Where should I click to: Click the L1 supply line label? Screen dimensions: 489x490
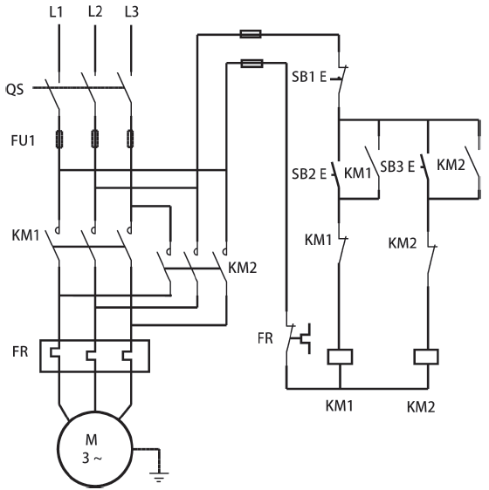pyautogui.click(x=57, y=12)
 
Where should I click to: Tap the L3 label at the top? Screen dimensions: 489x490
pyautogui.click(x=132, y=12)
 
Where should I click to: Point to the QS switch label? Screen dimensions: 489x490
pyautogui.click(x=15, y=90)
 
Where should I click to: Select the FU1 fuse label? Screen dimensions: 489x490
pyautogui.click(x=23, y=140)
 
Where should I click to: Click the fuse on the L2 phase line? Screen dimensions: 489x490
pyautogui.click(x=95, y=139)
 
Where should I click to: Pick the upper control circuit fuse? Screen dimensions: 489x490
pyautogui.click(x=251, y=34)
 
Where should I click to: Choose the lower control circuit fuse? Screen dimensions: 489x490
pyautogui.click(x=251, y=64)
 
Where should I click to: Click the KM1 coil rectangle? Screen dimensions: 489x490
pyautogui.click(x=340, y=357)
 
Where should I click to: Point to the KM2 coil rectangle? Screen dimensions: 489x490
pyautogui.click(x=426, y=357)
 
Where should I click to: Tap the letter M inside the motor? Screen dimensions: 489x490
pyautogui.click(x=92, y=440)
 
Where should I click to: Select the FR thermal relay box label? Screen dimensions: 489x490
pyautogui.click(x=20, y=352)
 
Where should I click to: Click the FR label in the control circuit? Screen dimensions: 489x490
pyautogui.click(x=265, y=338)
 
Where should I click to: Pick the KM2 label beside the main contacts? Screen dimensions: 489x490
pyautogui.click(x=242, y=269)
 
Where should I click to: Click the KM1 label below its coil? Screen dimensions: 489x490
pyautogui.click(x=340, y=406)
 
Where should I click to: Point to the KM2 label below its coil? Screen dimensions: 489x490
pyautogui.click(x=421, y=407)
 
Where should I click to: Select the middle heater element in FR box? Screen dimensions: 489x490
pyautogui.click(x=92, y=356)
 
